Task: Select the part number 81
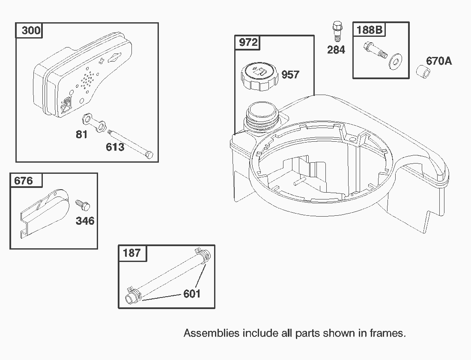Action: pyautogui.click(x=81, y=134)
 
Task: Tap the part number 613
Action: pyautogui.click(x=115, y=147)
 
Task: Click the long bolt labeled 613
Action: pyautogui.click(x=130, y=143)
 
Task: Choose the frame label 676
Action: pyautogui.click(x=24, y=181)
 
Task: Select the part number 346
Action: pyautogui.click(x=85, y=221)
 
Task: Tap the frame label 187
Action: pyautogui.click(x=131, y=253)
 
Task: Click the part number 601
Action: pyautogui.click(x=192, y=294)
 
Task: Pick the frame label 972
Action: pyautogui.click(x=248, y=42)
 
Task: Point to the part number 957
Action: pyautogui.click(x=290, y=75)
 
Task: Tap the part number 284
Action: pyautogui.click(x=336, y=50)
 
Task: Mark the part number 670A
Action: pyautogui.click(x=439, y=61)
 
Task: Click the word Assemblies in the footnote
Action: pyautogui.click(x=211, y=333)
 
